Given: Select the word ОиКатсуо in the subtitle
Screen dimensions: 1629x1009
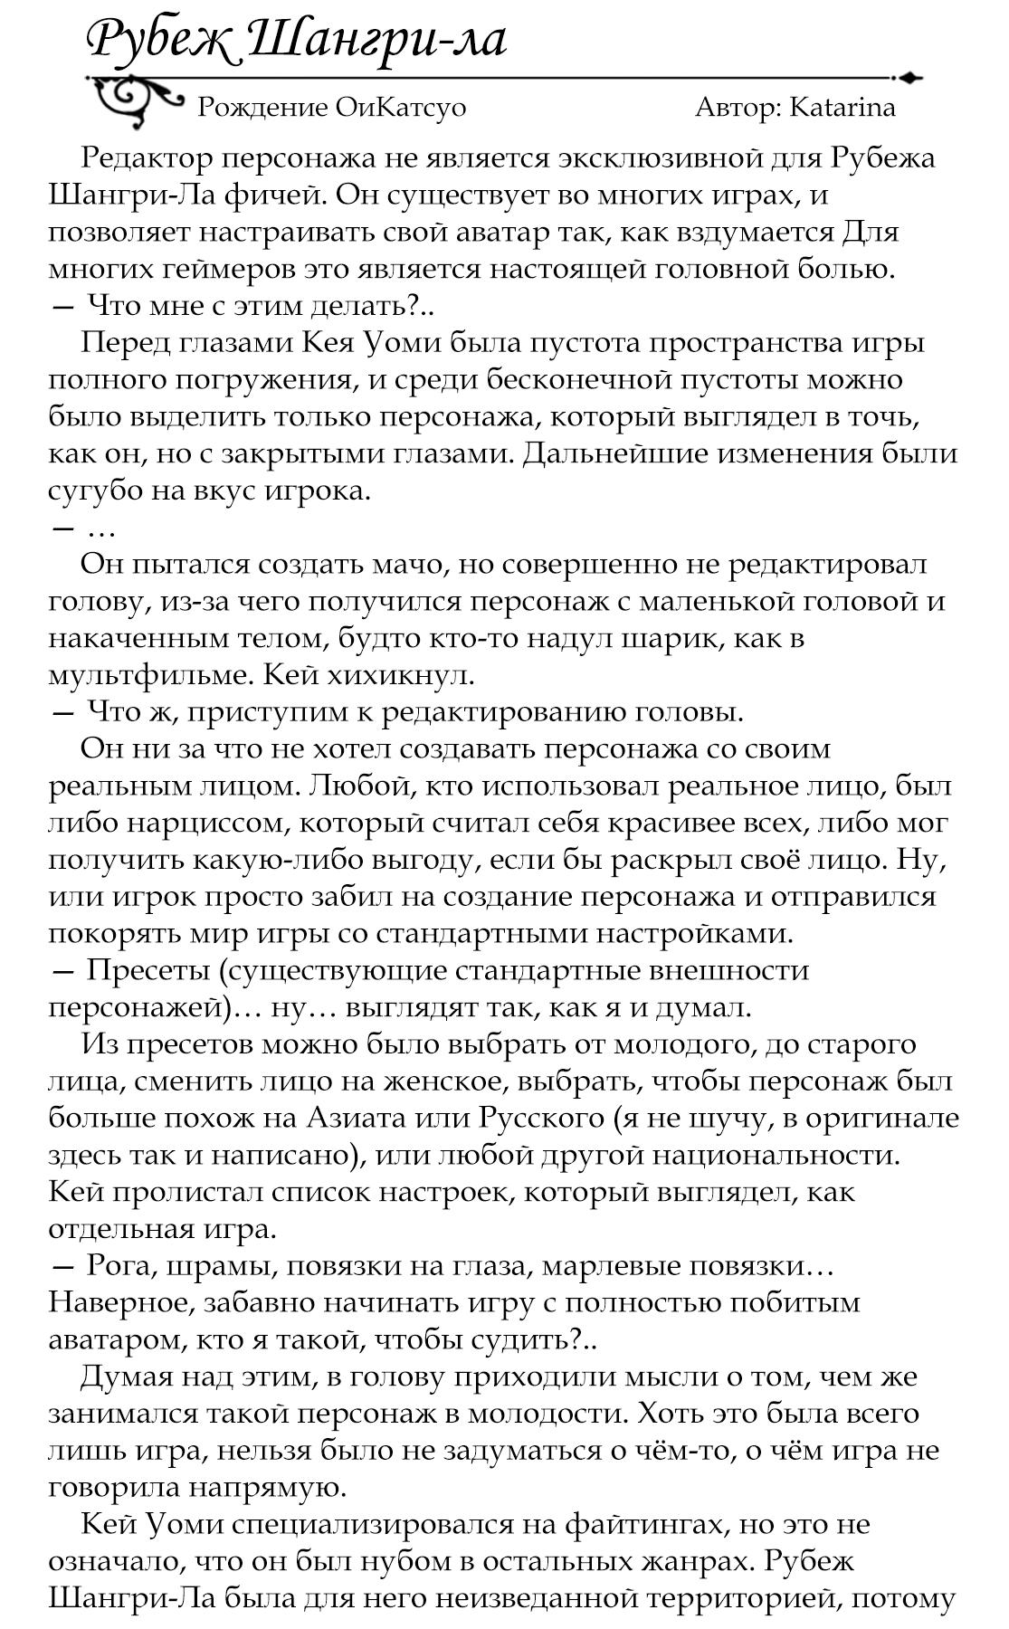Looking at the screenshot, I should click(x=400, y=108).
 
